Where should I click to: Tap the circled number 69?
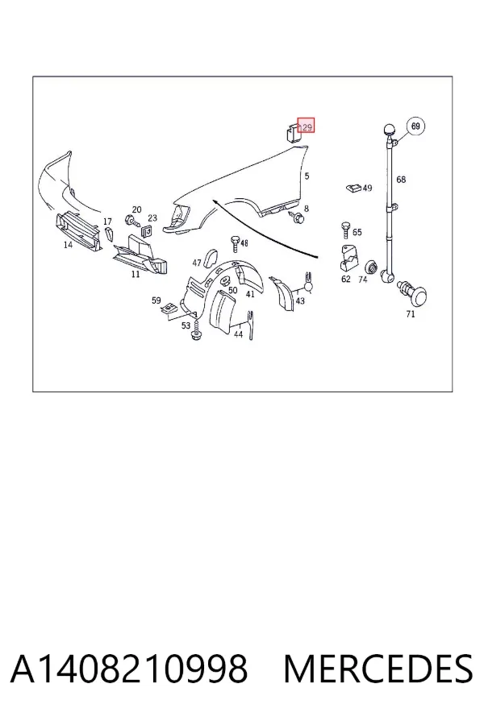point(415,126)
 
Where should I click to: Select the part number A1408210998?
point(129,669)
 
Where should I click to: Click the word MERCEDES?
point(378,669)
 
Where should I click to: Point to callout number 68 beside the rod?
point(401,180)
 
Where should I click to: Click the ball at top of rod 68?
point(389,130)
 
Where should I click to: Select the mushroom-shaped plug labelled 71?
point(414,293)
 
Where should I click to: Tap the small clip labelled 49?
point(353,188)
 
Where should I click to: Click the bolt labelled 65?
point(345,230)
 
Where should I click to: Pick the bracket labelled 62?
point(348,259)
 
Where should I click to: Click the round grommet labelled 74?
point(371,267)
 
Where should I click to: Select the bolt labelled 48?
point(235,243)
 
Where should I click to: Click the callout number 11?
point(136,274)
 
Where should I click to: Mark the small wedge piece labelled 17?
point(109,234)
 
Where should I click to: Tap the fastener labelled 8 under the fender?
point(296,217)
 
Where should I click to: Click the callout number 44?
point(239,334)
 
